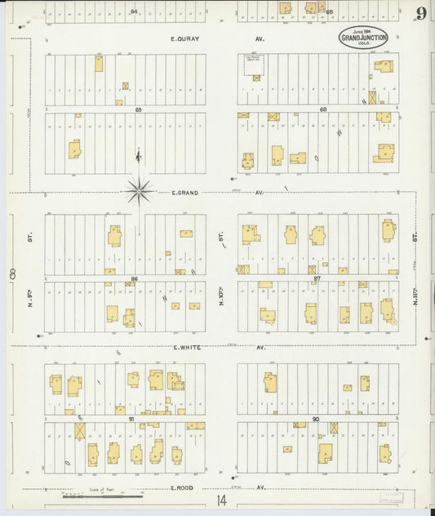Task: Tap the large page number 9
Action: point(420,13)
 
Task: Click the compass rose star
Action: point(140,192)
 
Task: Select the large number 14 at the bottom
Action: point(222,500)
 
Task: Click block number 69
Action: point(139,109)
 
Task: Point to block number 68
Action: point(323,109)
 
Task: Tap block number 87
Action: point(317,278)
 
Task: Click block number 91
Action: point(131,418)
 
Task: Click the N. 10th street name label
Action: point(220,292)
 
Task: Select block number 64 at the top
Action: point(133,11)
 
